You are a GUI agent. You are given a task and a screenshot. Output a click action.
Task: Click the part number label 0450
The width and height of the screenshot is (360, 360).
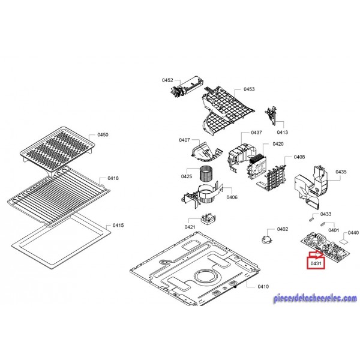(103, 134)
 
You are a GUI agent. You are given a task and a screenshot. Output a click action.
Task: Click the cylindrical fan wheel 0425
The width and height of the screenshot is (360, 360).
(206, 174)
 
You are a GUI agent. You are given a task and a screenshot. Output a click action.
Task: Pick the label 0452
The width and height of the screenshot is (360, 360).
(167, 80)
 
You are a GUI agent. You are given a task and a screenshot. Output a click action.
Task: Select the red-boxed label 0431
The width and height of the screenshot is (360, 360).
(316, 263)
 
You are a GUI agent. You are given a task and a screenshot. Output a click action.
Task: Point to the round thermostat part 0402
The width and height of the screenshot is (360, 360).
(267, 239)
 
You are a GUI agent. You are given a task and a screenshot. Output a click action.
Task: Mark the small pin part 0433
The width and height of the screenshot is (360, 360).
(311, 217)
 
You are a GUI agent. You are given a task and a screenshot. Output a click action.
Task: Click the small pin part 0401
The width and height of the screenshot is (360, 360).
(322, 224)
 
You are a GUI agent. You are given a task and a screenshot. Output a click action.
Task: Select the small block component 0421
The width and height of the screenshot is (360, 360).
(208, 220)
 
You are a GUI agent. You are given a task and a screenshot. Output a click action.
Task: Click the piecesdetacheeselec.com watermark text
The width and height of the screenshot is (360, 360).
(315, 298)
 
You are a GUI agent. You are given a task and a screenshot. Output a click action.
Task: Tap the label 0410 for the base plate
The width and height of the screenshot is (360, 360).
(263, 286)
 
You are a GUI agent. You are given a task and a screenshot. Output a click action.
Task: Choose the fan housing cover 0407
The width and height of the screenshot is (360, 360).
(206, 151)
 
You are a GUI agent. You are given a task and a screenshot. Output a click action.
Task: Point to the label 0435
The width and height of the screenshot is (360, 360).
(341, 172)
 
